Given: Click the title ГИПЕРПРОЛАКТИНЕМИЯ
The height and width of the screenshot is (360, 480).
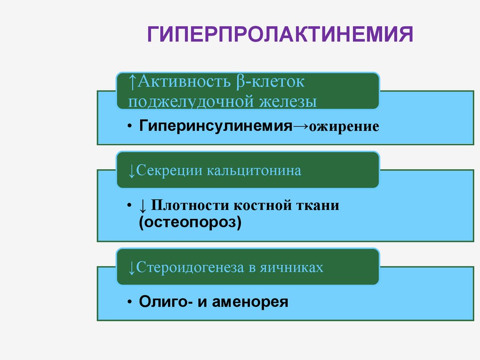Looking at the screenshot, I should tap(280, 35).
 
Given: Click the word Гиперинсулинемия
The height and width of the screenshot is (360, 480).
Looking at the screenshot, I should tap(213, 126).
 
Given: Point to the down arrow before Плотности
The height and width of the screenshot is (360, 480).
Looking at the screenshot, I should tap(143, 206).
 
